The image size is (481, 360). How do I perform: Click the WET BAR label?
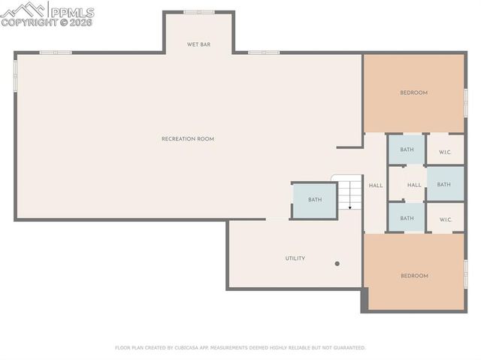pos(198,45)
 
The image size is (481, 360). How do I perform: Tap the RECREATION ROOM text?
pos(188,139)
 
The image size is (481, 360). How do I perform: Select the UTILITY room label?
pos(295,259)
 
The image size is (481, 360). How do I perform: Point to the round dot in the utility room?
pos(337,264)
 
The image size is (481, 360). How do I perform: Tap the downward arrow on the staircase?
pos(349,206)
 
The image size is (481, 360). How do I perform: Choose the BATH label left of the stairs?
pos(314,200)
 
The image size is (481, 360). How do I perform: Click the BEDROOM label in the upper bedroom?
pos(413,93)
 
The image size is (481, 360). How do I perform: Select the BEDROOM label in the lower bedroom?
pos(414,276)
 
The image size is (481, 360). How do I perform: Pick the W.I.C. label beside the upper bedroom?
pos(445,153)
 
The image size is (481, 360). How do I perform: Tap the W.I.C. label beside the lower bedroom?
pos(445,220)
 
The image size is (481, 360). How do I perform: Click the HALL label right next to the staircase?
pos(375,186)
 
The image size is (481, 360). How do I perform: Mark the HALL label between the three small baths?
pos(414,186)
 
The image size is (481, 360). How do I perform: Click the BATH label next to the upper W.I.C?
pos(407,150)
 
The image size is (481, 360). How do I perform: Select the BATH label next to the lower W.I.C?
pos(407,219)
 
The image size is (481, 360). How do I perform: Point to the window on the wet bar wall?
pos(199,12)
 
